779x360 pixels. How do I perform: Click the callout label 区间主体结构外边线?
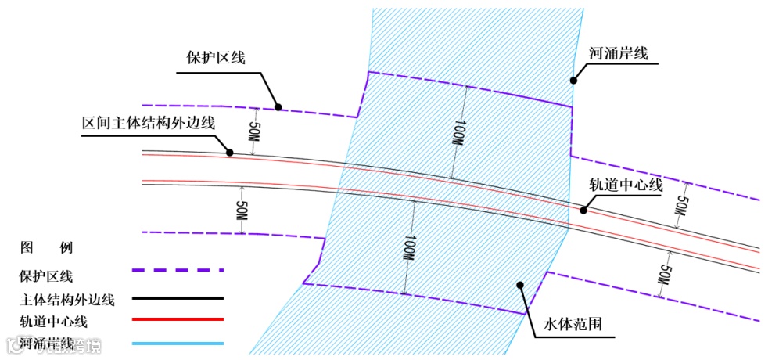point(148,123)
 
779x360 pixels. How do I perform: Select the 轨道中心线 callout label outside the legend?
point(626,185)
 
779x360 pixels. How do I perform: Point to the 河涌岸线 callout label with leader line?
point(618,55)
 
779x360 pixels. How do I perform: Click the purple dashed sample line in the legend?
point(178,270)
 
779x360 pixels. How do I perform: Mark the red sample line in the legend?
point(178,319)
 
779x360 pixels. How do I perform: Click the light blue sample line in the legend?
point(178,343)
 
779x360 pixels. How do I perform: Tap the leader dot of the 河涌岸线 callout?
point(573,79)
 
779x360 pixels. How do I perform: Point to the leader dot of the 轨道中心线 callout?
point(583,210)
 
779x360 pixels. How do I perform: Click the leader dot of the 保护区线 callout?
point(278,106)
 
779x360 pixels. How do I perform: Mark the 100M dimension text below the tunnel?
point(409,248)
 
